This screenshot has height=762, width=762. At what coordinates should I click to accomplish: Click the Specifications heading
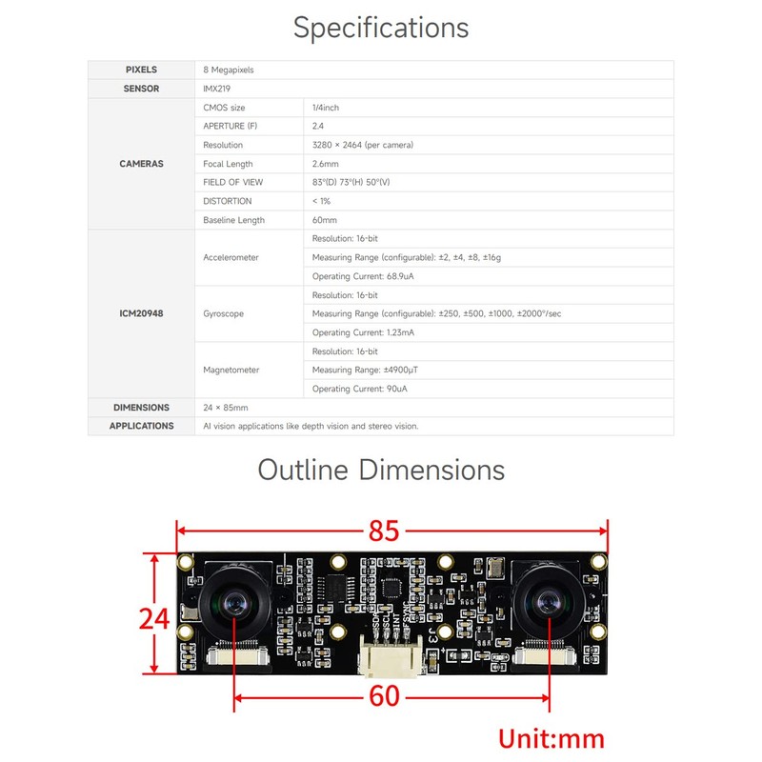(381, 28)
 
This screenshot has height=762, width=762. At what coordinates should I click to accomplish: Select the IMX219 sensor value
(217, 89)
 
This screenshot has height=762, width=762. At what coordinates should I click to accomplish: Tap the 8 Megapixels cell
(229, 70)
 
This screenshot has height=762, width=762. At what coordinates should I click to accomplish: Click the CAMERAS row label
(141, 164)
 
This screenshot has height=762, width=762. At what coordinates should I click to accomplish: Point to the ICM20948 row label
(141, 313)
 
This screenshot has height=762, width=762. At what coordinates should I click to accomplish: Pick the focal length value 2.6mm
(326, 164)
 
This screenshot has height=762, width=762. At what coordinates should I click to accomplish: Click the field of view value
(351, 182)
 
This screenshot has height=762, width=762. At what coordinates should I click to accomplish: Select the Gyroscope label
(224, 314)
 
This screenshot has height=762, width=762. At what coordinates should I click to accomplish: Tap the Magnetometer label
(231, 370)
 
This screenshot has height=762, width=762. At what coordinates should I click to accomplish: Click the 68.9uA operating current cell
(363, 276)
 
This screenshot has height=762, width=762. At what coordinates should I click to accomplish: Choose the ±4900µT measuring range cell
(365, 370)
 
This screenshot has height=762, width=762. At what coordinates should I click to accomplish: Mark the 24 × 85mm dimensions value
(226, 408)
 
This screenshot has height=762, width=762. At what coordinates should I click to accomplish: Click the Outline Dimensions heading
(381, 470)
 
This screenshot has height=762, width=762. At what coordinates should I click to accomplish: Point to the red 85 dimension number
(384, 531)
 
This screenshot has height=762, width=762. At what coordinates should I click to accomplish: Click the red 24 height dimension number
(154, 618)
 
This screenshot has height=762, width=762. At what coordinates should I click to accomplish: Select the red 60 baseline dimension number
(385, 696)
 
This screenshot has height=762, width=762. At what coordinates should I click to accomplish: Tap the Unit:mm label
(551, 739)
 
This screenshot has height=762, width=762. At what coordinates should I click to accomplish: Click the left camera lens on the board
(234, 604)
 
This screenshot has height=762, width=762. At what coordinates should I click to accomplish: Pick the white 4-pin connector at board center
(391, 655)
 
